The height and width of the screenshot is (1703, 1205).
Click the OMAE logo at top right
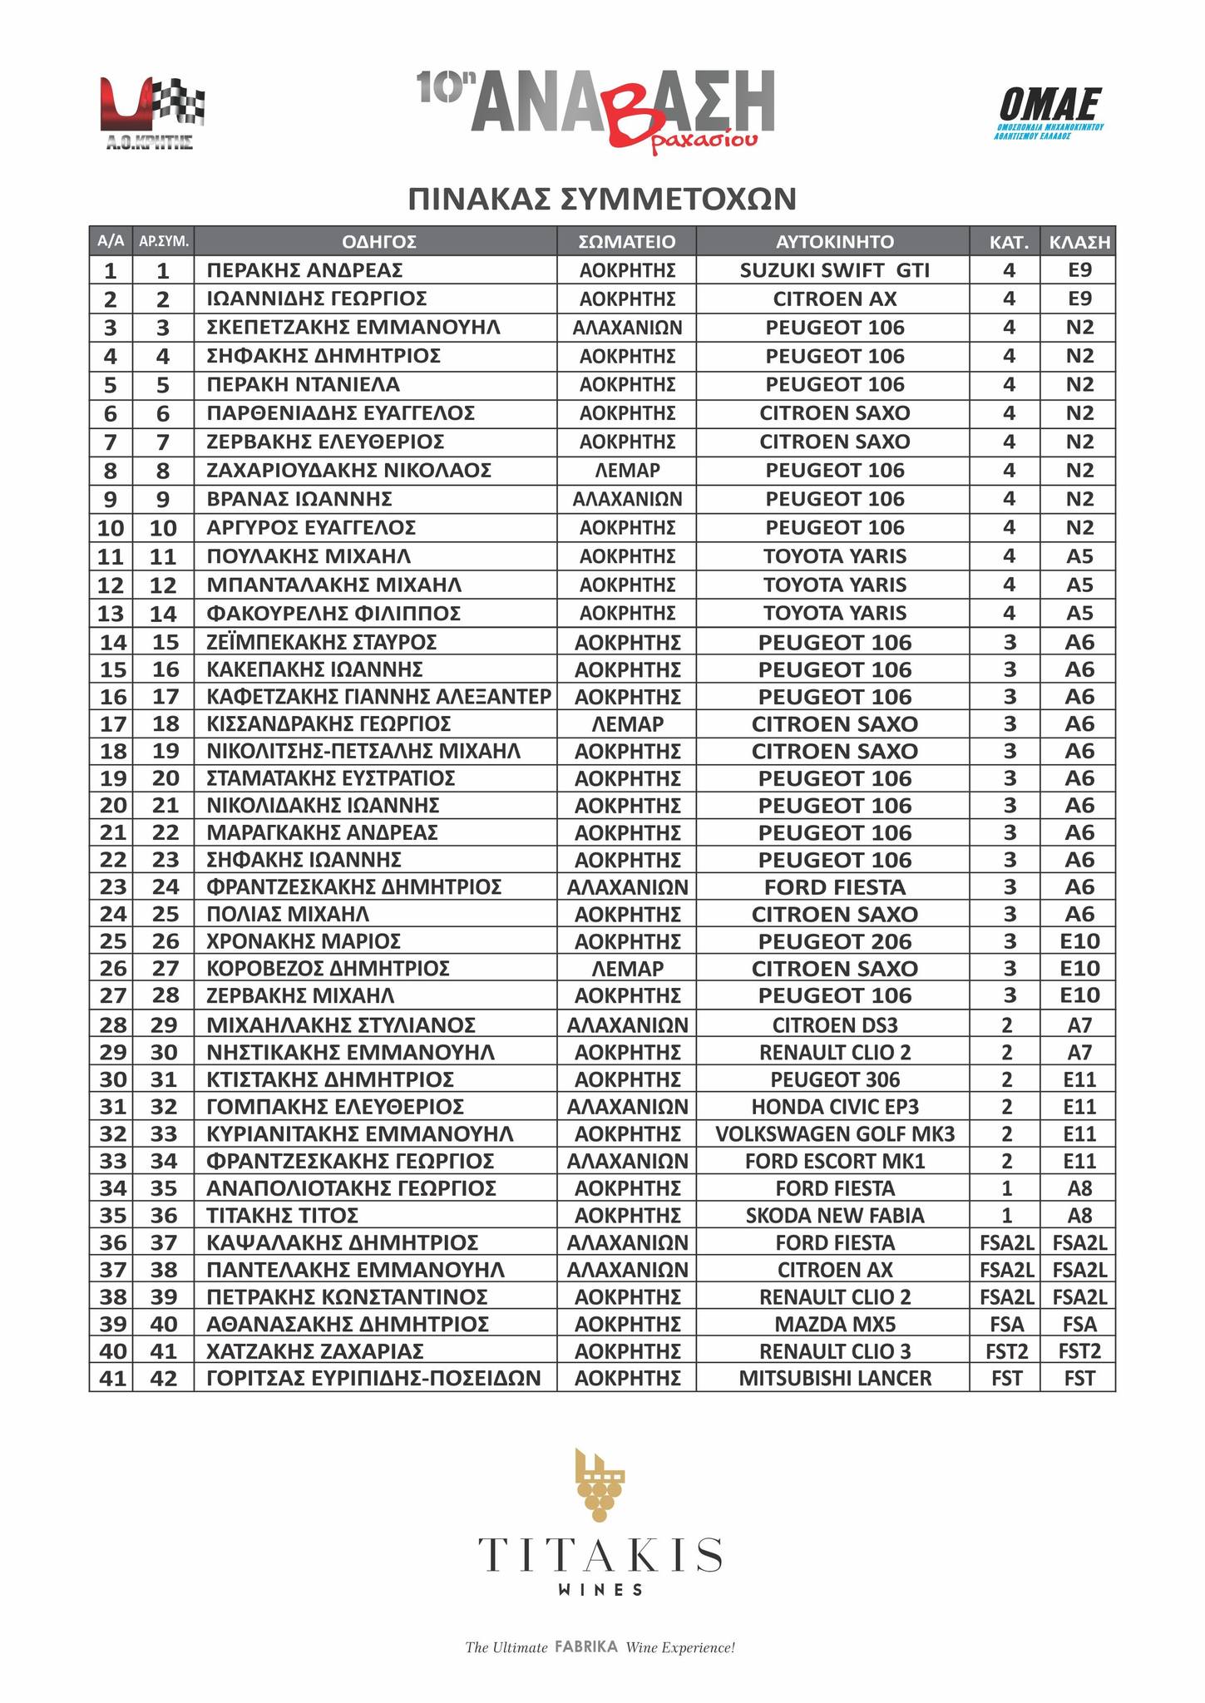tap(1049, 112)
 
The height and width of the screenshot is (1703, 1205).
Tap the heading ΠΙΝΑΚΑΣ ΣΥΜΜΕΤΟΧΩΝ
tap(602, 200)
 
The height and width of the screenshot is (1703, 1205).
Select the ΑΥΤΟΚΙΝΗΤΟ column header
tap(834, 242)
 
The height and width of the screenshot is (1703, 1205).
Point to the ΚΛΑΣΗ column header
tap(1079, 242)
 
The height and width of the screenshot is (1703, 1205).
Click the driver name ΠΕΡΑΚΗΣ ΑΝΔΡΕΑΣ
tap(304, 270)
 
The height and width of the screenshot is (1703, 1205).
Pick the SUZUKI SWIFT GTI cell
tap(834, 270)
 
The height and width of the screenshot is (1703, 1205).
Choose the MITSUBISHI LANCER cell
tap(834, 1378)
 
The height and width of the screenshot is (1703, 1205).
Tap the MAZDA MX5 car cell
tap(834, 1324)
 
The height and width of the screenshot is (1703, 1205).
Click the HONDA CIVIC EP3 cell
tap(834, 1107)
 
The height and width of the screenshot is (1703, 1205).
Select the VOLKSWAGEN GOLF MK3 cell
tap(834, 1134)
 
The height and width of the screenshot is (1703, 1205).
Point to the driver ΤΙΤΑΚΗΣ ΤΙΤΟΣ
tap(283, 1216)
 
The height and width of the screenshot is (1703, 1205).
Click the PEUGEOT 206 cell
tap(834, 941)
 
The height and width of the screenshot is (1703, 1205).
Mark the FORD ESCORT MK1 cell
tap(834, 1161)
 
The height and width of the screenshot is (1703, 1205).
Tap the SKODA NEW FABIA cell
tap(834, 1216)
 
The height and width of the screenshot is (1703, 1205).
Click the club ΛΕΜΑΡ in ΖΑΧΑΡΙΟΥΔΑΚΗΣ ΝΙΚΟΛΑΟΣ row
tap(627, 471)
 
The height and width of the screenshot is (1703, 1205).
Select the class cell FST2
tap(1079, 1350)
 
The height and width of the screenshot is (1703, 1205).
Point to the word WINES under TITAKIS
tap(600, 1590)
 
